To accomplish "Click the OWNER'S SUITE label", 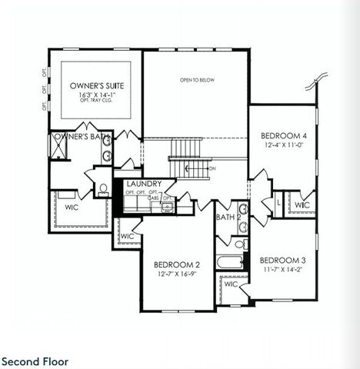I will tap(96, 85).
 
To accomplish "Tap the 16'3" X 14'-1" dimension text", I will tap(96, 95).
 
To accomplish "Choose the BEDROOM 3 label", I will tap(283, 260).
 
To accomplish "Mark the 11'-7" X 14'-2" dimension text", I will tap(283, 270).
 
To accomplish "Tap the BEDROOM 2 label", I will tap(177, 264).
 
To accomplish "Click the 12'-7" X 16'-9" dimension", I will tap(177, 274).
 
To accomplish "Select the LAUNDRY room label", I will tap(144, 184).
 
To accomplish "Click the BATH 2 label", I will tap(228, 218).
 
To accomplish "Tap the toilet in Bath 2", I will tap(241, 244).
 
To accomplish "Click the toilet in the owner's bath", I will tap(102, 190).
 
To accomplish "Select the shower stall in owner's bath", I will tap(58, 146).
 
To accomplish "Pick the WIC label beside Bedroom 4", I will tap(302, 205).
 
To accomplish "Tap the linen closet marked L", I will tap(278, 203).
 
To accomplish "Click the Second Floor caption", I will tap(35, 361).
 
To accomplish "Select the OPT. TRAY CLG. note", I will tap(96, 102).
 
